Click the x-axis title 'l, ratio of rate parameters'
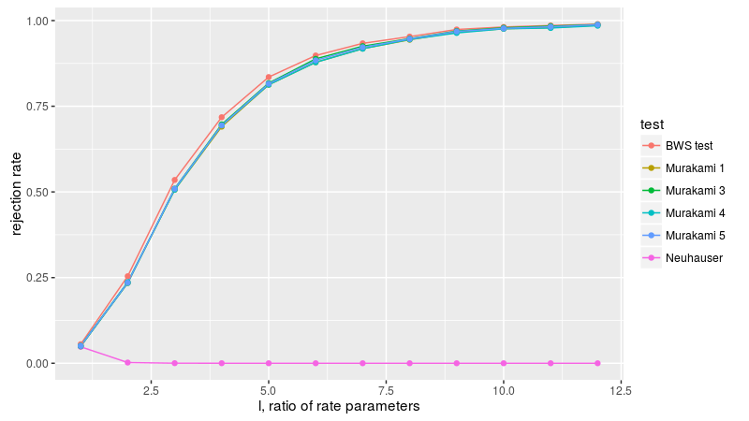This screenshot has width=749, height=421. (x=338, y=407)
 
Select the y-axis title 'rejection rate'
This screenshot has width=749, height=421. (x=15, y=192)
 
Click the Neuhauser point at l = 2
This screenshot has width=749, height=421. (x=127, y=362)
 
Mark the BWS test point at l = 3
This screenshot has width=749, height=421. (x=174, y=180)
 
